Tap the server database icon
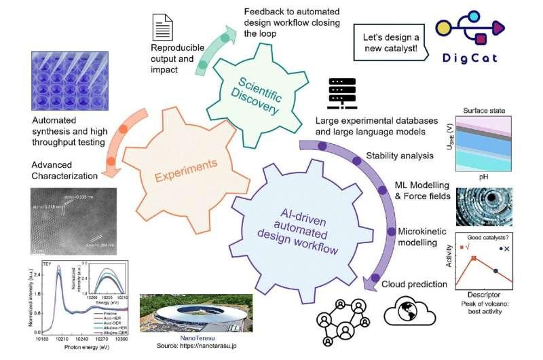coord(337,95)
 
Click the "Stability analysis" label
coord(399,156)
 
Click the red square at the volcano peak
coord(474,259)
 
